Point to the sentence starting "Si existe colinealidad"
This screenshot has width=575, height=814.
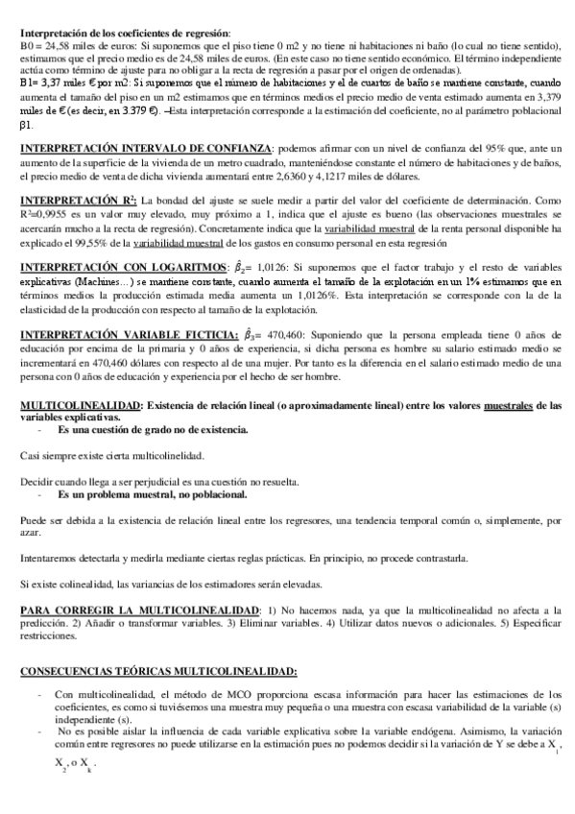[x=174, y=583]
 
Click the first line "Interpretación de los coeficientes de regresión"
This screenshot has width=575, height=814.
[x=125, y=33]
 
